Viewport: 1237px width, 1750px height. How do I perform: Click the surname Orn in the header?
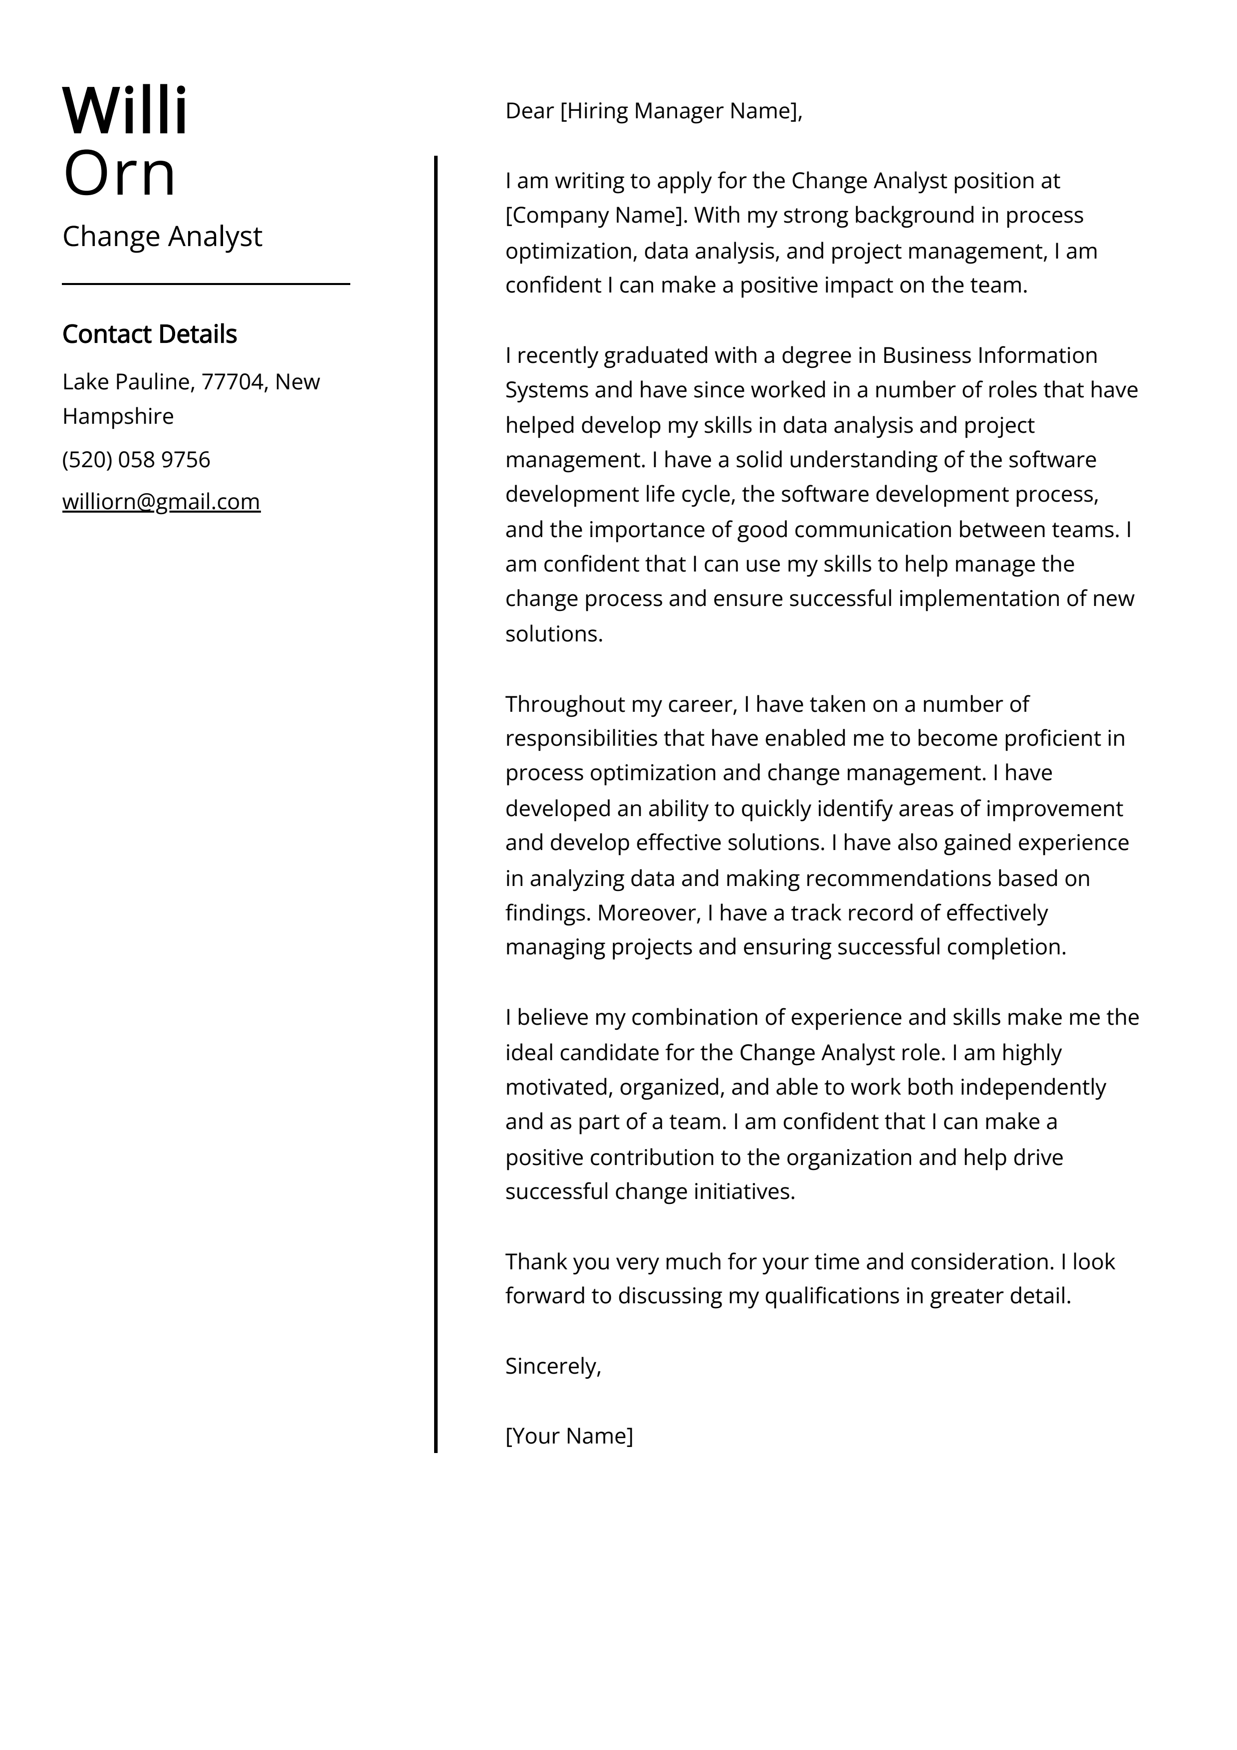point(120,174)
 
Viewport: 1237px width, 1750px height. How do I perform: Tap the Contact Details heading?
point(149,334)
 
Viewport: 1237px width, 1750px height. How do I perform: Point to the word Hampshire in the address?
point(118,416)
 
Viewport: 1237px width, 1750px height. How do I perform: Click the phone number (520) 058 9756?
point(136,460)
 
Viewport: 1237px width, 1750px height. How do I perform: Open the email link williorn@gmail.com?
point(161,502)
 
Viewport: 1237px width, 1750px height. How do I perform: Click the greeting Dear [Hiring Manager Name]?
point(653,111)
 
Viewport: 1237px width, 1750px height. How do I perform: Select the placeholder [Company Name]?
point(596,216)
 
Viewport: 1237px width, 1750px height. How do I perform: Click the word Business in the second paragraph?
point(926,355)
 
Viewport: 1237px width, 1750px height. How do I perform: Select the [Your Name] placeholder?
point(568,1436)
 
